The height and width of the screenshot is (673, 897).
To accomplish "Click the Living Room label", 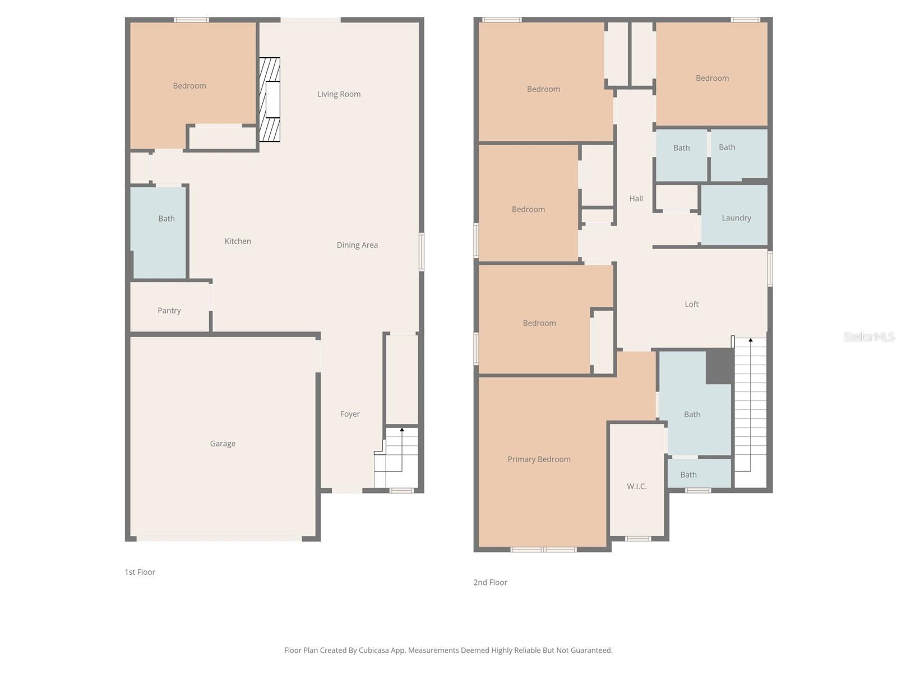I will [x=339, y=94].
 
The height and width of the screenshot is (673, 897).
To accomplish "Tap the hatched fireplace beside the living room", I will [x=270, y=99].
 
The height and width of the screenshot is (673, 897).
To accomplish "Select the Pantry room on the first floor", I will [x=169, y=310].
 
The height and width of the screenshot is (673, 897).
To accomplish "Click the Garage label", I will [x=223, y=444].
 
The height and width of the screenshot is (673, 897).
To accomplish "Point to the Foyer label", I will [x=350, y=414].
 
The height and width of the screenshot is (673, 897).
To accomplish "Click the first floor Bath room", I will [x=159, y=232].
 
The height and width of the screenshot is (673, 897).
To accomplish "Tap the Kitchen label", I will [x=238, y=241].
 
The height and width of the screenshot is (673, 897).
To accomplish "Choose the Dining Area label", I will [x=357, y=245].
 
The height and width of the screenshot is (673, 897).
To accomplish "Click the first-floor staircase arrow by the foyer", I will [x=402, y=431].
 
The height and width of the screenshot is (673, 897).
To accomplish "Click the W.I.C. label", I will [x=637, y=486].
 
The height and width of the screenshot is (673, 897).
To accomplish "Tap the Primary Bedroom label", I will [x=539, y=459].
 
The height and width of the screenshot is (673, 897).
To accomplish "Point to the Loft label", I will [x=691, y=304].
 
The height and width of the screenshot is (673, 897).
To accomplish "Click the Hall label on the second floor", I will [x=636, y=199].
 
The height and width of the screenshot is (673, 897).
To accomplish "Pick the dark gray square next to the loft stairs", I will [x=719, y=366].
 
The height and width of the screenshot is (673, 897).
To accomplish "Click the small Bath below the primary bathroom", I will [x=699, y=474].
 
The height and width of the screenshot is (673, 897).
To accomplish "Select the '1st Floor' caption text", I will [x=140, y=572].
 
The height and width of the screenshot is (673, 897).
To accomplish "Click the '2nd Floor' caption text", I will [x=490, y=582].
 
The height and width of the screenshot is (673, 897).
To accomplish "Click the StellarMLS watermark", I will [x=868, y=336].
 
